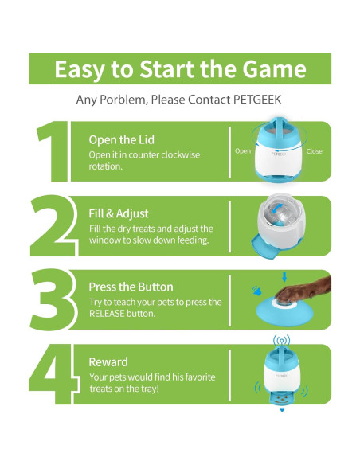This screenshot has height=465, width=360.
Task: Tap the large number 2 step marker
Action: pyautogui.click(x=53, y=225)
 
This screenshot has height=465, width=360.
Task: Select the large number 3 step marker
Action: pyautogui.click(x=53, y=299)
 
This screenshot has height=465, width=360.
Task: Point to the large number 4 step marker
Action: pyautogui.click(x=53, y=373)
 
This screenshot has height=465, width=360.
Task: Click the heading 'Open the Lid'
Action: pyautogui.click(x=122, y=139)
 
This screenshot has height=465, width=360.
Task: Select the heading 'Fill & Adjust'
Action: pyautogui.click(x=119, y=213)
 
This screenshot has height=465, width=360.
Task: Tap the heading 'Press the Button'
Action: pyautogui.click(x=131, y=287)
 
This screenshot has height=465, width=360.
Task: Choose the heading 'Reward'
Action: pyautogui.click(x=108, y=362)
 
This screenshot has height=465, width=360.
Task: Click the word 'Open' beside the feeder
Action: pyautogui.click(x=243, y=151)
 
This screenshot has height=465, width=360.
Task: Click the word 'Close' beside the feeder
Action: pyautogui.click(x=314, y=151)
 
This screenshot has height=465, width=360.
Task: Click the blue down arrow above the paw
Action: pyautogui.click(x=284, y=277)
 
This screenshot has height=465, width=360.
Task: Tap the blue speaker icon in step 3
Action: pyautogui.click(x=256, y=291)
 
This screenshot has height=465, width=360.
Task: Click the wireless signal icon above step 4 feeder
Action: pyautogui.click(x=281, y=341)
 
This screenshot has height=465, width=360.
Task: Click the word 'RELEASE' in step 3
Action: pyautogui.click(x=107, y=314)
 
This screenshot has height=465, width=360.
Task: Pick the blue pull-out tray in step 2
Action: pyautogui.click(x=264, y=246)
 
